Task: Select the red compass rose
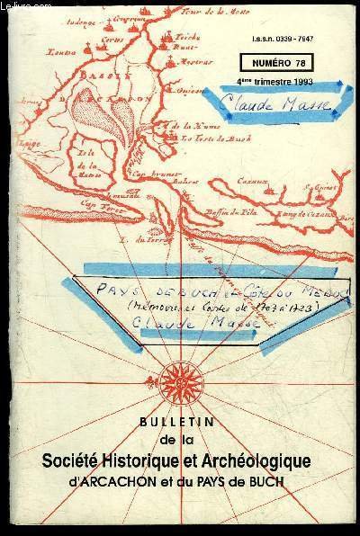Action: [179, 373]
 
